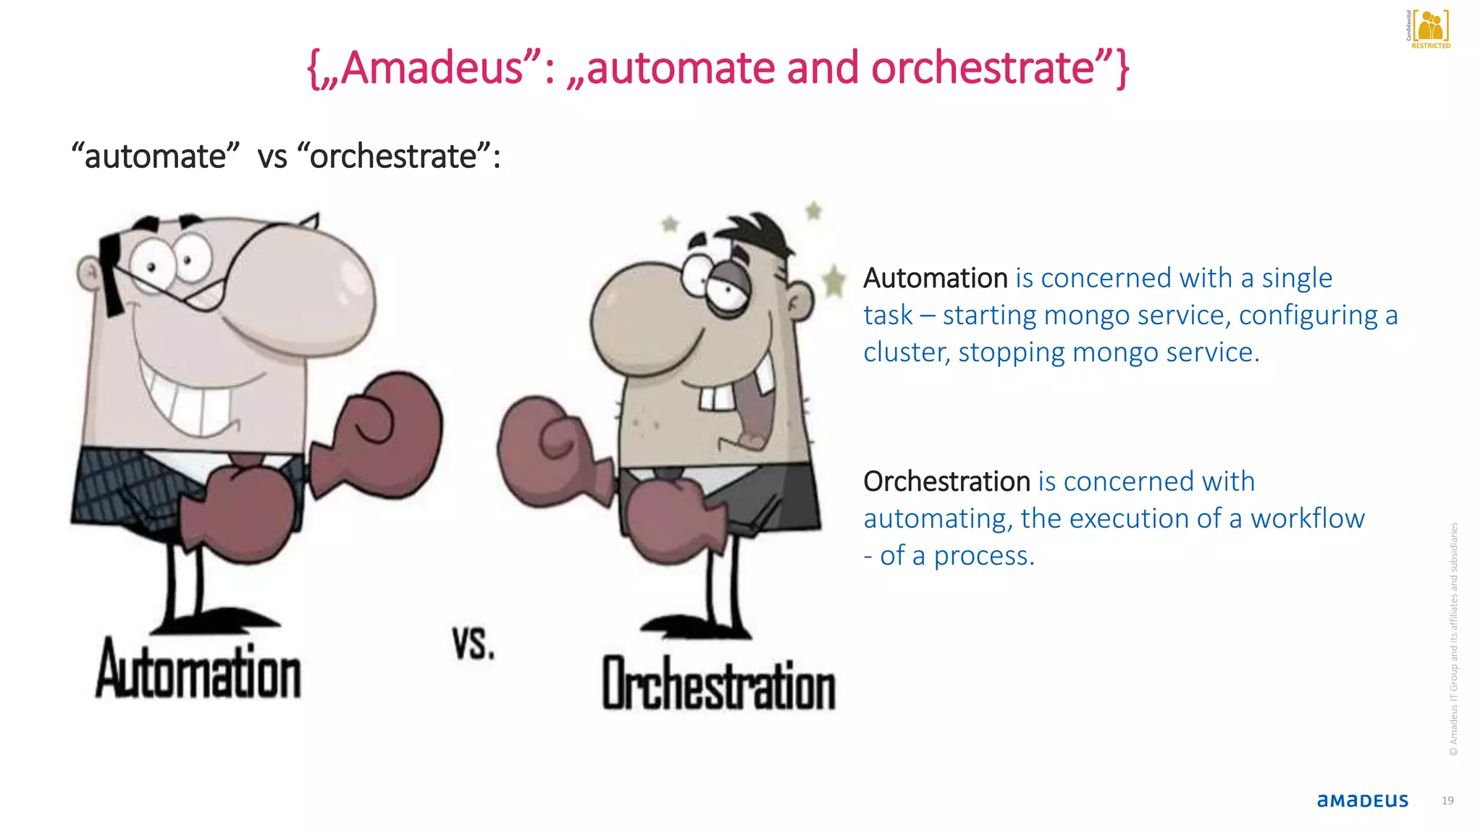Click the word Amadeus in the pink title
pos(432,68)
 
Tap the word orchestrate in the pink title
pos(982,68)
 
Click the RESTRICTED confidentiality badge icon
pos(1429,29)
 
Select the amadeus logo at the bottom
pos(1362,800)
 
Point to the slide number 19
pos(1448,800)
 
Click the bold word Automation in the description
pos(935,278)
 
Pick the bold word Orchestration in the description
pos(946,481)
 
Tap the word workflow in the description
pos(1307,518)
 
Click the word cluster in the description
pos(906,353)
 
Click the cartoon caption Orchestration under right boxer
pos(718,684)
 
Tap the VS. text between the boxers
pos(474,643)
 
